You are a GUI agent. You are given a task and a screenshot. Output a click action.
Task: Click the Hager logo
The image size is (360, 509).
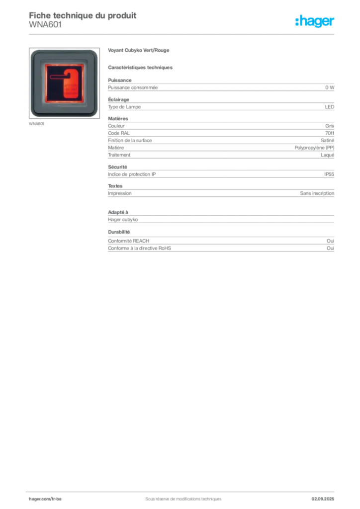click(x=315, y=21)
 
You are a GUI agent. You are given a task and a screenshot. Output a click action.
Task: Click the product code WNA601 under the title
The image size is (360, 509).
click(x=45, y=25)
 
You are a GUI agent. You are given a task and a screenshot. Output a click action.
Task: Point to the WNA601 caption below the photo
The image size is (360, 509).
click(x=36, y=124)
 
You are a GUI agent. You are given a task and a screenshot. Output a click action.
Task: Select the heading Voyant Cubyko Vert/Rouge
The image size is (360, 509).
click(x=139, y=50)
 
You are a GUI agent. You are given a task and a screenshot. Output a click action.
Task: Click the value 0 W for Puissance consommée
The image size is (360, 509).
click(x=330, y=87)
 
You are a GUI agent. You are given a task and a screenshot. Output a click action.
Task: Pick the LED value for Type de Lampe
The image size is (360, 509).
click(x=330, y=107)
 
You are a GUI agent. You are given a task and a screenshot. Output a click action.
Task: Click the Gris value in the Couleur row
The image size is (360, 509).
click(x=330, y=126)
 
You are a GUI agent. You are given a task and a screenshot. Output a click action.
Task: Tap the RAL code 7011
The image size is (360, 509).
click(x=330, y=133)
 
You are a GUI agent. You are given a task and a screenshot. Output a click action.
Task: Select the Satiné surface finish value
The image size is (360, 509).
click(x=327, y=141)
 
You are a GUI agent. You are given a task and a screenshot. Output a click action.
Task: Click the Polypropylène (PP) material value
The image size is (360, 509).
click(x=314, y=148)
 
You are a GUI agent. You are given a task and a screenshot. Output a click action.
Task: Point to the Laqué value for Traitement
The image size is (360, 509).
click(x=327, y=155)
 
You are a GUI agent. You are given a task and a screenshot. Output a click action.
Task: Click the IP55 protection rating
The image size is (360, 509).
click(x=329, y=174)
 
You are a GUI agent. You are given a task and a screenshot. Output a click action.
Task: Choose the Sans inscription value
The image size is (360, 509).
click(x=317, y=193)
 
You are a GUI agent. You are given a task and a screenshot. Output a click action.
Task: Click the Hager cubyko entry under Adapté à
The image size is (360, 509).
click(x=123, y=220)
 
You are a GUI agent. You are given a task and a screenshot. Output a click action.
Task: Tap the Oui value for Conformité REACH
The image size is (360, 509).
click(x=330, y=241)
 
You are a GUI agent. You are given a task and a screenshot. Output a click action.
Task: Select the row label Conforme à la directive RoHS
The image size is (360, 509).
click(x=139, y=249)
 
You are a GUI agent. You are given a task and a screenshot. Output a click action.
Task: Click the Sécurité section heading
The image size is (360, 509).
click(x=117, y=167)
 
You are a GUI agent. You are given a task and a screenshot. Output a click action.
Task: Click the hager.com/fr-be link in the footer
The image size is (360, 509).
click(x=45, y=499)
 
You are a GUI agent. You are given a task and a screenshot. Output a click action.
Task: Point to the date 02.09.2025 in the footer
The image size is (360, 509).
click(x=323, y=499)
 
